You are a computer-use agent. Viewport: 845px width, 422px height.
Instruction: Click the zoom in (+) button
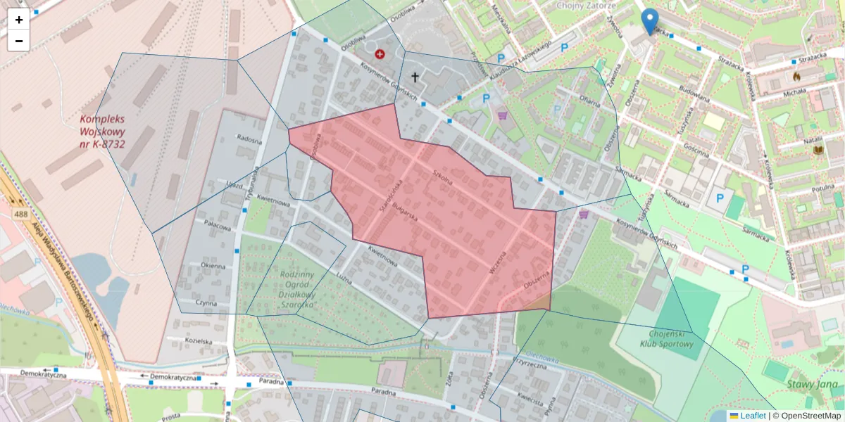point(19,20)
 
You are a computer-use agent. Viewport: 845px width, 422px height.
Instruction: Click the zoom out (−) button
point(19,41)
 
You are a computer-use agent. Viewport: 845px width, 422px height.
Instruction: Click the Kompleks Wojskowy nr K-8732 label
point(103,132)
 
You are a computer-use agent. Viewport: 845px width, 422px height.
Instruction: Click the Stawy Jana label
point(812,384)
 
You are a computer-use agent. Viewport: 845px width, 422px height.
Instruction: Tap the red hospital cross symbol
point(380,53)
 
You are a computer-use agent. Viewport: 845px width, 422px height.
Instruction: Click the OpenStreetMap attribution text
point(806,416)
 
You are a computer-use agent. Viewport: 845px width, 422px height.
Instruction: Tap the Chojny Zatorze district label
point(586,5)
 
